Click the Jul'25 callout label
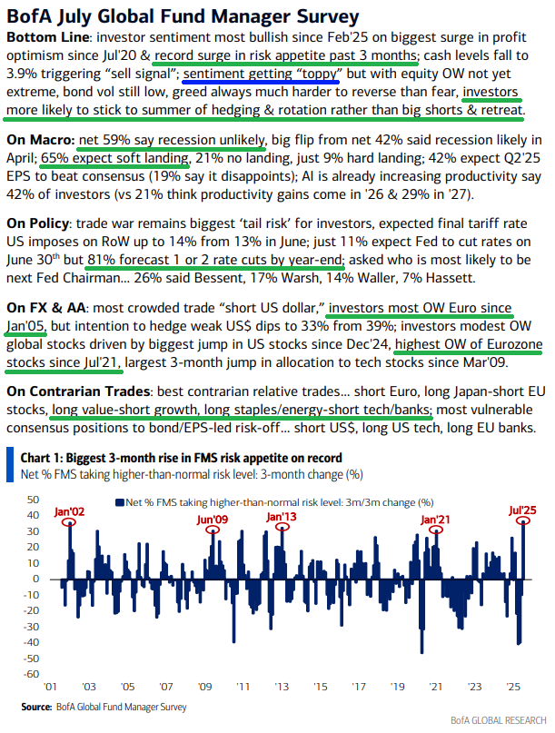click(520, 510)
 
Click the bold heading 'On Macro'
click(39, 142)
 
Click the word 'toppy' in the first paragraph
click(313, 75)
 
